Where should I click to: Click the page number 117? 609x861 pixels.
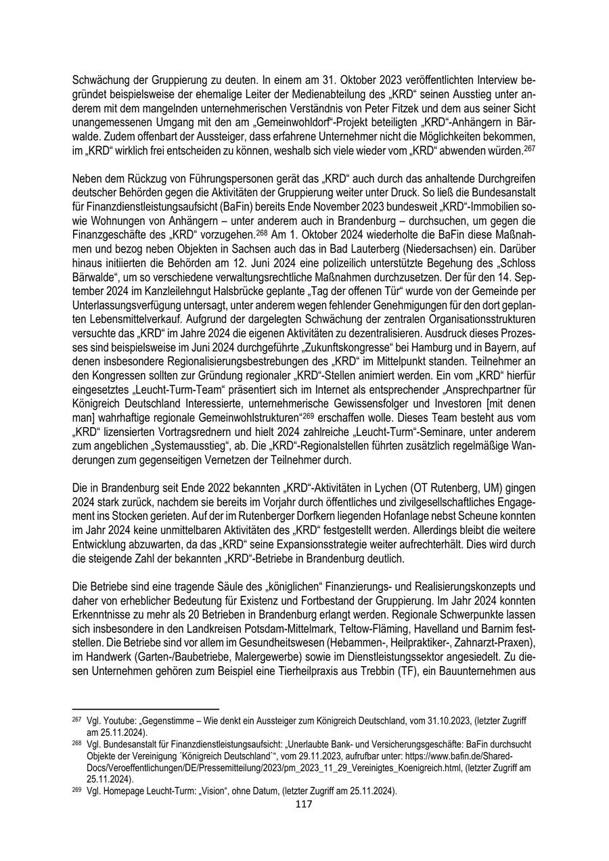click(304, 805)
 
